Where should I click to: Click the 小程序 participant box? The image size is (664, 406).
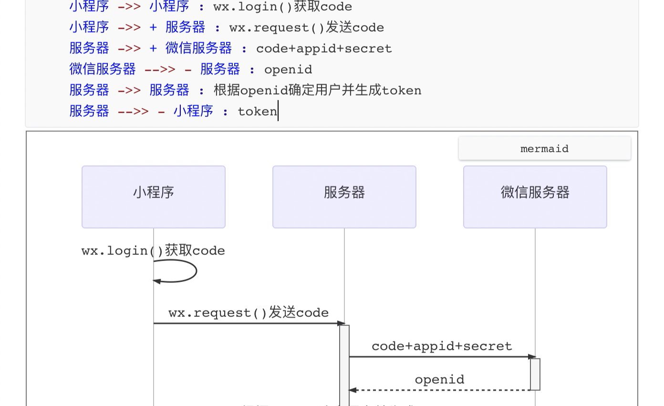[153, 197]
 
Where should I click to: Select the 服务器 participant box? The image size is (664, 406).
[344, 197]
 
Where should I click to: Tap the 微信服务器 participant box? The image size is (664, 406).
[535, 197]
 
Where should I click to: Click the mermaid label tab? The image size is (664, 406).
[544, 149]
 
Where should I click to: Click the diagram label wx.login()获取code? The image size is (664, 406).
[153, 251]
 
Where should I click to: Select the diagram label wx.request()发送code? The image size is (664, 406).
[249, 313]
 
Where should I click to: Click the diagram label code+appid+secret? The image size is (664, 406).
[442, 346]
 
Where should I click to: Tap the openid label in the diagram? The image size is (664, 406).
[439, 380]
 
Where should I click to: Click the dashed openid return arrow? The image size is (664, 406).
[439, 390]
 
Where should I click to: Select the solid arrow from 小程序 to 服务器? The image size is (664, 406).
[248, 323]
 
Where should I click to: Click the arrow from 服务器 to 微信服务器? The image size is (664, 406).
[442, 356]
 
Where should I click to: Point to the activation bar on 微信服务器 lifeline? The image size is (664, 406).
[535, 375]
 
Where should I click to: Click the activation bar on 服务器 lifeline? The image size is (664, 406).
[344, 365]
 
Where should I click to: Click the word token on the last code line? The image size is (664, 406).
[257, 112]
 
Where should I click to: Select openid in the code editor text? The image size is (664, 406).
[288, 70]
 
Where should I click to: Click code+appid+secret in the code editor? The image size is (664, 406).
[324, 49]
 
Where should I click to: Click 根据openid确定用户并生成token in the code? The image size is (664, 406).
[317, 91]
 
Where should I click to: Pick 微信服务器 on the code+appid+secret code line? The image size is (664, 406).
[198, 49]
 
